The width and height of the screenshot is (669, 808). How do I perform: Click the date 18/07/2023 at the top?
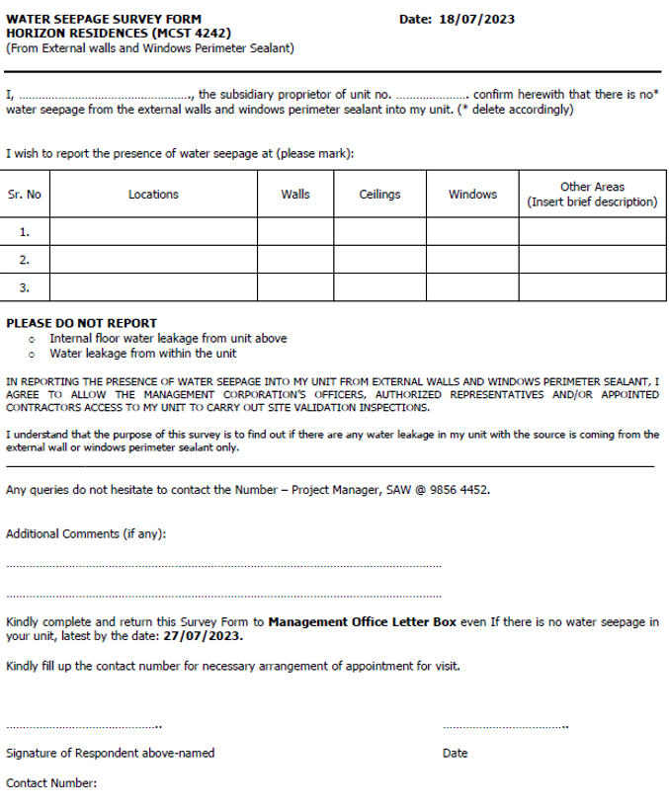click(477, 19)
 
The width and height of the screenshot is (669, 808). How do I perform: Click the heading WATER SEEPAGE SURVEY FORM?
click(103, 19)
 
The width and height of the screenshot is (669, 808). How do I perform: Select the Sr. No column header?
click(25, 195)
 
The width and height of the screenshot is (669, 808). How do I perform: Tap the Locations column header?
click(153, 195)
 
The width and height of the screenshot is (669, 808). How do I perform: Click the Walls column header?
click(295, 195)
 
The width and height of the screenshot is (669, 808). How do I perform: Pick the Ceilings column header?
click(379, 195)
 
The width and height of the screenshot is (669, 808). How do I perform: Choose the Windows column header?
click(472, 195)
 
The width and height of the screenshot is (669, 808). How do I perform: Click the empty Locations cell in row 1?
click(153, 232)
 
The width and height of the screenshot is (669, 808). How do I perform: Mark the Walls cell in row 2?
click(295, 260)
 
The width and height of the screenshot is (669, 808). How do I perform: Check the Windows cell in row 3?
click(472, 288)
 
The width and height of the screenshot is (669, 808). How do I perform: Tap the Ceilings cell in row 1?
click(379, 232)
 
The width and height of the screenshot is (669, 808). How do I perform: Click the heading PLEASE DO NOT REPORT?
click(82, 323)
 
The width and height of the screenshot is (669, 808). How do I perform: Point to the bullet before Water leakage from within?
click(33, 354)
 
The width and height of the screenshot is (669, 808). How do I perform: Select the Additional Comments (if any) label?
click(86, 534)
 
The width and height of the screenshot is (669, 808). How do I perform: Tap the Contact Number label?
click(51, 783)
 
